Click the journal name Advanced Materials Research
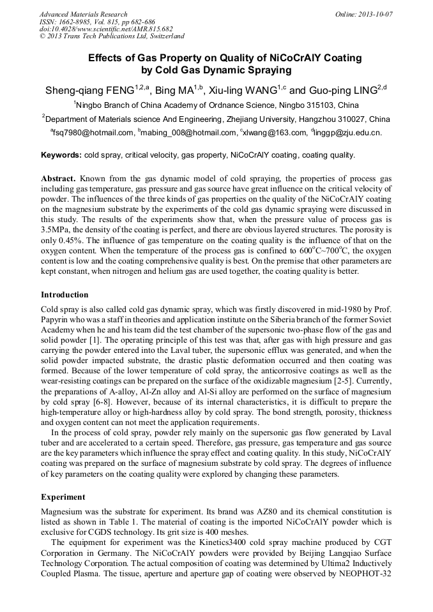coord(83,14)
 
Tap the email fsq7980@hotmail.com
coord(93,133)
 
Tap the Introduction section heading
coord(65,295)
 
